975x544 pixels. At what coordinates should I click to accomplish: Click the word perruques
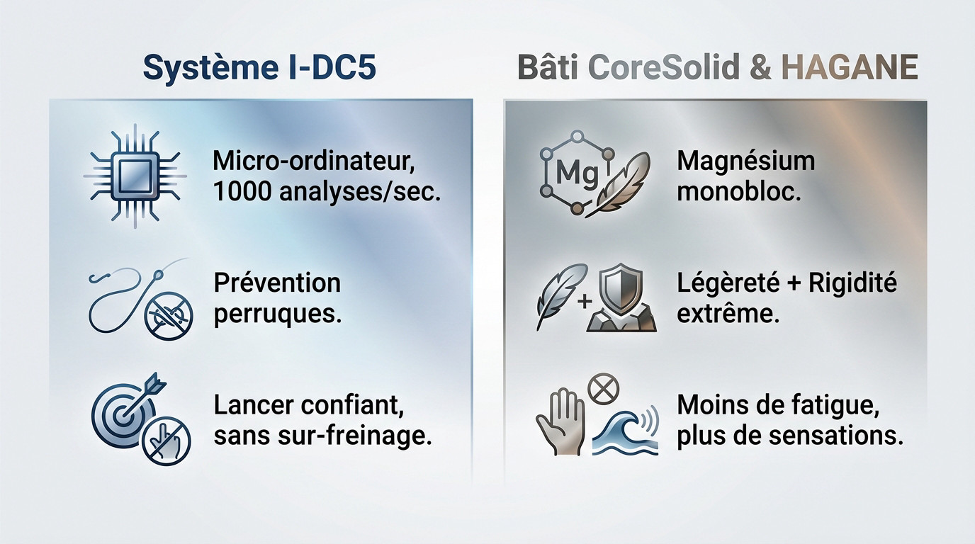pyautogui.click(x=277, y=313)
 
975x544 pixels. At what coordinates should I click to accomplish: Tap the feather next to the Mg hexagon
pyautogui.click(x=622, y=182)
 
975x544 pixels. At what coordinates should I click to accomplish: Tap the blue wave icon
pyautogui.click(x=624, y=431)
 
